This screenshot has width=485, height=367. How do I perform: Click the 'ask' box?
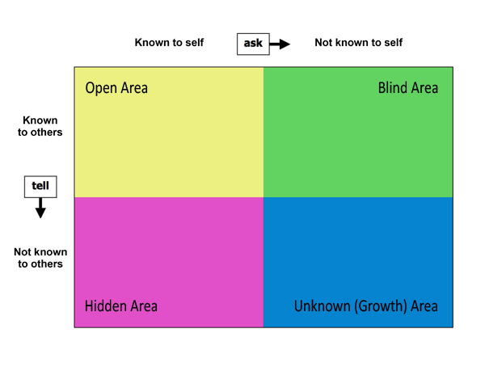click(x=253, y=44)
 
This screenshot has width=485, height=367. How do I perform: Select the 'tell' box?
click(x=40, y=187)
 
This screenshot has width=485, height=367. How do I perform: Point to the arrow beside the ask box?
click(x=280, y=44)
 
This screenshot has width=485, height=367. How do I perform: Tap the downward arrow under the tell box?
click(x=40, y=208)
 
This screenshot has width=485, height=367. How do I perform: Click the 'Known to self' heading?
click(x=169, y=42)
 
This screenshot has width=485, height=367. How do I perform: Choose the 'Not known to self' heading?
click(x=358, y=42)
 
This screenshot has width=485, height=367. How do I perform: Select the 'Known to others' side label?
click(x=40, y=126)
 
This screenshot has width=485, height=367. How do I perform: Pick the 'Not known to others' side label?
click(x=40, y=258)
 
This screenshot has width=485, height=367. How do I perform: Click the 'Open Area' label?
click(x=116, y=88)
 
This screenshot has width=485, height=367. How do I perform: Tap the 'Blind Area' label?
click(x=408, y=88)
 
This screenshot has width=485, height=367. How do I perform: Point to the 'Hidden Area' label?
click(x=121, y=306)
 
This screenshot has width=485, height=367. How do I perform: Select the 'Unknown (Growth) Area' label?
click(x=366, y=306)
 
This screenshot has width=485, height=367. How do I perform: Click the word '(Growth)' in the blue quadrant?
click(x=381, y=306)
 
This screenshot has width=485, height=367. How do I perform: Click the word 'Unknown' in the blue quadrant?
click(x=323, y=306)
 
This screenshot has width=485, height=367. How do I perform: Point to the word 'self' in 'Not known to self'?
click(x=394, y=42)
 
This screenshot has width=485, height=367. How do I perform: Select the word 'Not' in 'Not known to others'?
click(x=23, y=252)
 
